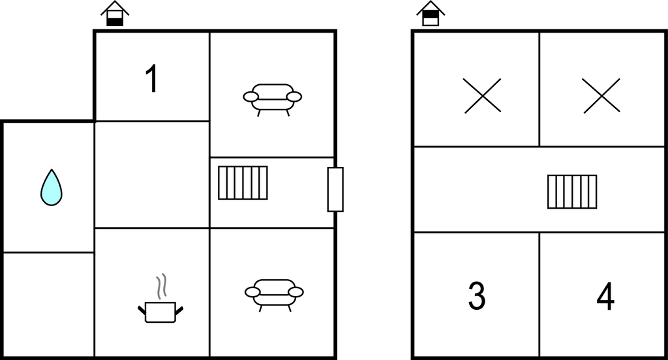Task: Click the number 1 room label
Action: (152, 78)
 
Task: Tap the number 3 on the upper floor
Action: (477, 296)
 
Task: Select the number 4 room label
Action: (605, 296)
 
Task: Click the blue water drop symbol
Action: (51, 188)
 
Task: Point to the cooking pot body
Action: (160, 312)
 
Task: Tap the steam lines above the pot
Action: (160, 286)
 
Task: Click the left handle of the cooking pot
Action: (142, 310)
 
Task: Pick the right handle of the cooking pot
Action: (179, 310)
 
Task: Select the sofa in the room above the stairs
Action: (273, 99)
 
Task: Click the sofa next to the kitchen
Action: (274, 294)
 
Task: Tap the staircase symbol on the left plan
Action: (243, 183)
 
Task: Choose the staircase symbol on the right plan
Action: (572, 192)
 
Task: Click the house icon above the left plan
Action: (115, 14)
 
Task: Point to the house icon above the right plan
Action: (431, 14)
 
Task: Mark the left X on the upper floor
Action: (483, 96)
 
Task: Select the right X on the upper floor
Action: (601, 96)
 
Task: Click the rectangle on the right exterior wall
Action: (335, 190)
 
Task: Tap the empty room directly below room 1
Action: (152, 175)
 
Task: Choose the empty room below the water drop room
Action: (48, 304)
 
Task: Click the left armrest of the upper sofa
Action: (250, 97)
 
